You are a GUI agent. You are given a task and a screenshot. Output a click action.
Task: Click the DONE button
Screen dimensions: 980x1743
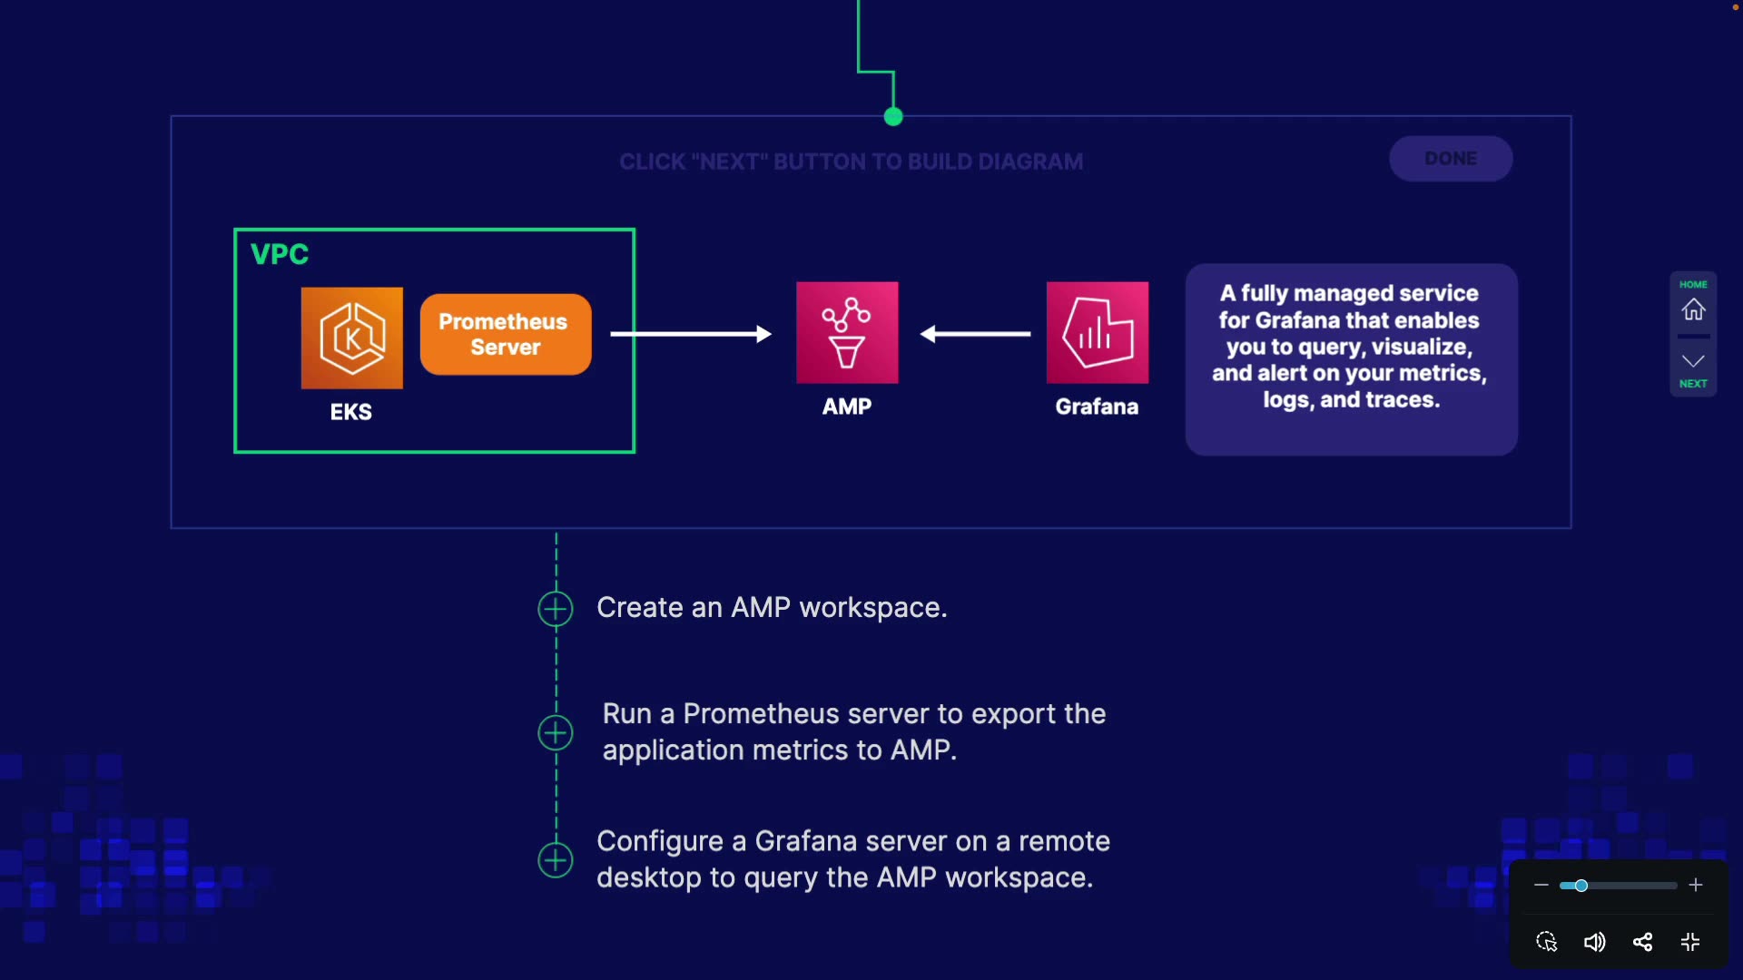pos(1450,159)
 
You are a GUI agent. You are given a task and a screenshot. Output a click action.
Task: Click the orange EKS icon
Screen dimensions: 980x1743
pos(352,338)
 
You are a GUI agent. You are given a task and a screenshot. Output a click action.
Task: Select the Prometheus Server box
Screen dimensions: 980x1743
pos(506,334)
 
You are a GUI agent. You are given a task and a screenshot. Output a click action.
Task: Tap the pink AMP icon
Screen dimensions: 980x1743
pos(847,332)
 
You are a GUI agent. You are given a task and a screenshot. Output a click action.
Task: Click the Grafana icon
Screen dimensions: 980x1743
pos(1097,332)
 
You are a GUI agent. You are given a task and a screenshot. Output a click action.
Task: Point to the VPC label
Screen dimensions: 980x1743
pos(280,254)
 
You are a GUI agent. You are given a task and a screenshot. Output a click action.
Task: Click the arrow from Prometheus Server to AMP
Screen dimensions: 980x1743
pos(690,334)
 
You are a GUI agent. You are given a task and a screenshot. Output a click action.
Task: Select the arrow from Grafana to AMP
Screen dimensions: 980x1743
pos(976,334)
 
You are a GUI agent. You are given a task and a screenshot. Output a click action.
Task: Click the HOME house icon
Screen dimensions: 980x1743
pos(1693,309)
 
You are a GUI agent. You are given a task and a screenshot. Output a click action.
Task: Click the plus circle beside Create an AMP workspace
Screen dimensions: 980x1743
pos(556,609)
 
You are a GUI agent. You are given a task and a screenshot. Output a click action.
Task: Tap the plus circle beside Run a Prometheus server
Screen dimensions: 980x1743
pos(556,732)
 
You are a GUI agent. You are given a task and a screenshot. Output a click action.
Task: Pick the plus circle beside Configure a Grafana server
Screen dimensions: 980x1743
pos(556,860)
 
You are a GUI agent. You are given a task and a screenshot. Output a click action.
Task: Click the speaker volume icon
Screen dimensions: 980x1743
pos(1594,942)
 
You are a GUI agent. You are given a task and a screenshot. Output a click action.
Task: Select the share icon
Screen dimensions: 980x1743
pos(1642,942)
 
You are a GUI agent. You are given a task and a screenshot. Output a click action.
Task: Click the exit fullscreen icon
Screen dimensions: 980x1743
pos(1690,942)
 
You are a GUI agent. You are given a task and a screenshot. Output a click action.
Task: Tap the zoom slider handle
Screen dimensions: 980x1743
pos(1581,886)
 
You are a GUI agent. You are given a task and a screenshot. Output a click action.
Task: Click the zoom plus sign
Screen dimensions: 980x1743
pos(1696,886)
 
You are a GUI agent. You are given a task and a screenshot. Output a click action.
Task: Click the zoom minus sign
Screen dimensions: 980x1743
pos(1541,886)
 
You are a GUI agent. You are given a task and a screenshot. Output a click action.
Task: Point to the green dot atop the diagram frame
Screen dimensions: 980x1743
pos(893,116)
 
